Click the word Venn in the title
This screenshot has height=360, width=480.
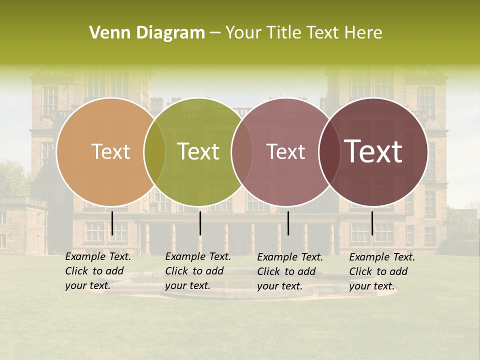106,33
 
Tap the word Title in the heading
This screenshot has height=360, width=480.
283,33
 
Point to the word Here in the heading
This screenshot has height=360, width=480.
363,33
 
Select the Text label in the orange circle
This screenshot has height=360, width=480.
110,152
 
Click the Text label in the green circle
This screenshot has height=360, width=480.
198,152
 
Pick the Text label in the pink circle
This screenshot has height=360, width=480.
285,152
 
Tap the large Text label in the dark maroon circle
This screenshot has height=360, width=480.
373,151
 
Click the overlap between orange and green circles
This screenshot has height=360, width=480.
154,152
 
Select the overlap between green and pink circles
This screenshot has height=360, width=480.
242,152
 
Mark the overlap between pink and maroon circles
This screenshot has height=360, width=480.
329,152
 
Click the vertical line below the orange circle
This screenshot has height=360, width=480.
112,223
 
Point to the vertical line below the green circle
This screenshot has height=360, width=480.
200,223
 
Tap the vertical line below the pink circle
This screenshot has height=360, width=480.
288,223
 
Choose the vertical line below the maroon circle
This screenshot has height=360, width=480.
372,223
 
